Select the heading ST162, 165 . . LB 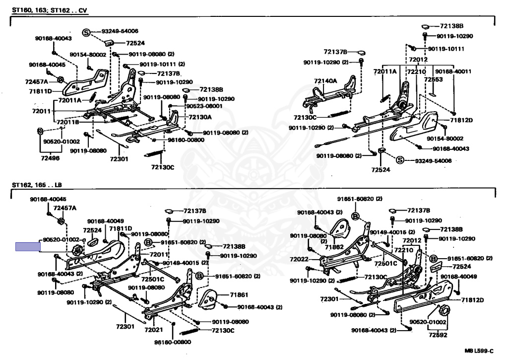(x=37, y=185)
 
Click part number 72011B (x=67, y=122)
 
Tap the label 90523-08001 (x=204, y=106)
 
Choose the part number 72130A (x=199, y=117)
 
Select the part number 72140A (x=325, y=81)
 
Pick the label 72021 (x=153, y=329)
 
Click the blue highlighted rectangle (x=27, y=247)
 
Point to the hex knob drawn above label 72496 (x=40, y=132)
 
